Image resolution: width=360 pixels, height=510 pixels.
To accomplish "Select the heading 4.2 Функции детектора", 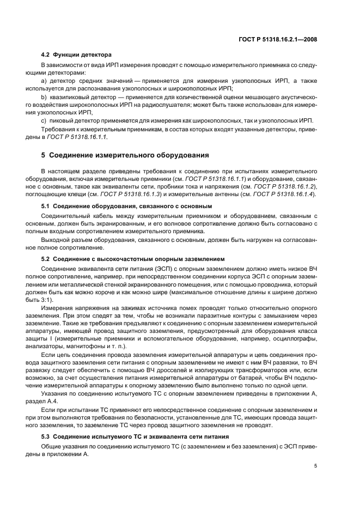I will (x=76, y=55).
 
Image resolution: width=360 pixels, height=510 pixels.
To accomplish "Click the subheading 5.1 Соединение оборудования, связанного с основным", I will (x=126, y=206).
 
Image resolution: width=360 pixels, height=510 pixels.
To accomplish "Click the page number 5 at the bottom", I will (x=315, y=466).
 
